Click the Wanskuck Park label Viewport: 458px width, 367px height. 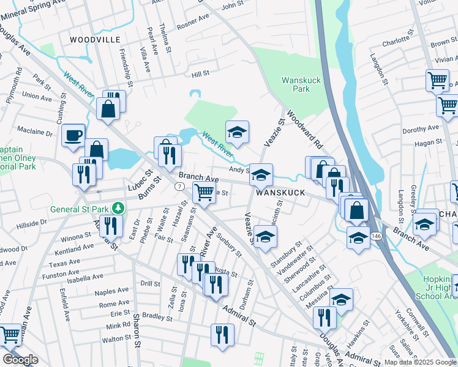[296, 84]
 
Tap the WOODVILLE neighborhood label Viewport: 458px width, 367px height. [95, 39]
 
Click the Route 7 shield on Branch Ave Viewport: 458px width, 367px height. [179, 185]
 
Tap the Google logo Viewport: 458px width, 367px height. [20, 360]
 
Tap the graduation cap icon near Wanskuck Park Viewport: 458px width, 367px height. [237, 132]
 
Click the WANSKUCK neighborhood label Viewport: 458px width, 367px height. [280, 192]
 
